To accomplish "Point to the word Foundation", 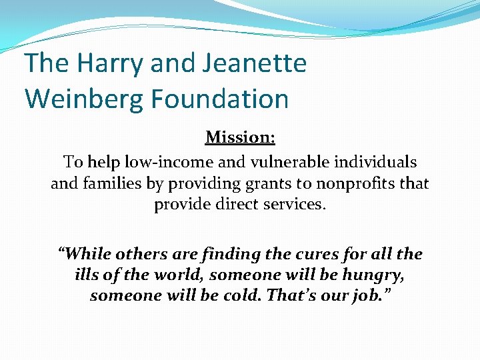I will (219, 99).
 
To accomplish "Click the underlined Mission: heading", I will (240, 137).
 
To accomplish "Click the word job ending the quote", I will (371, 295).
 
